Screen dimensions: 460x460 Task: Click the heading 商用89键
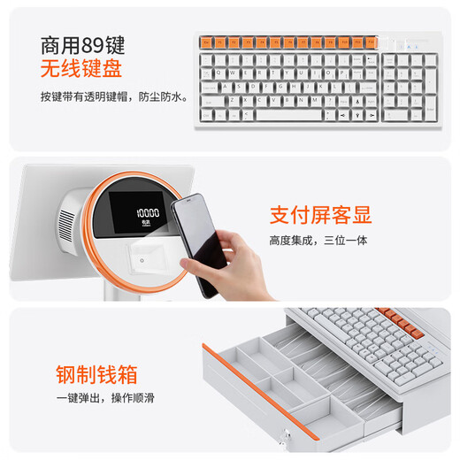pos(82,45)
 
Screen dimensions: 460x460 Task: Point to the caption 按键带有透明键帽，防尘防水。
pos(113,96)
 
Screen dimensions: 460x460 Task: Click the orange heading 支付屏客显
pos(320,215)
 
